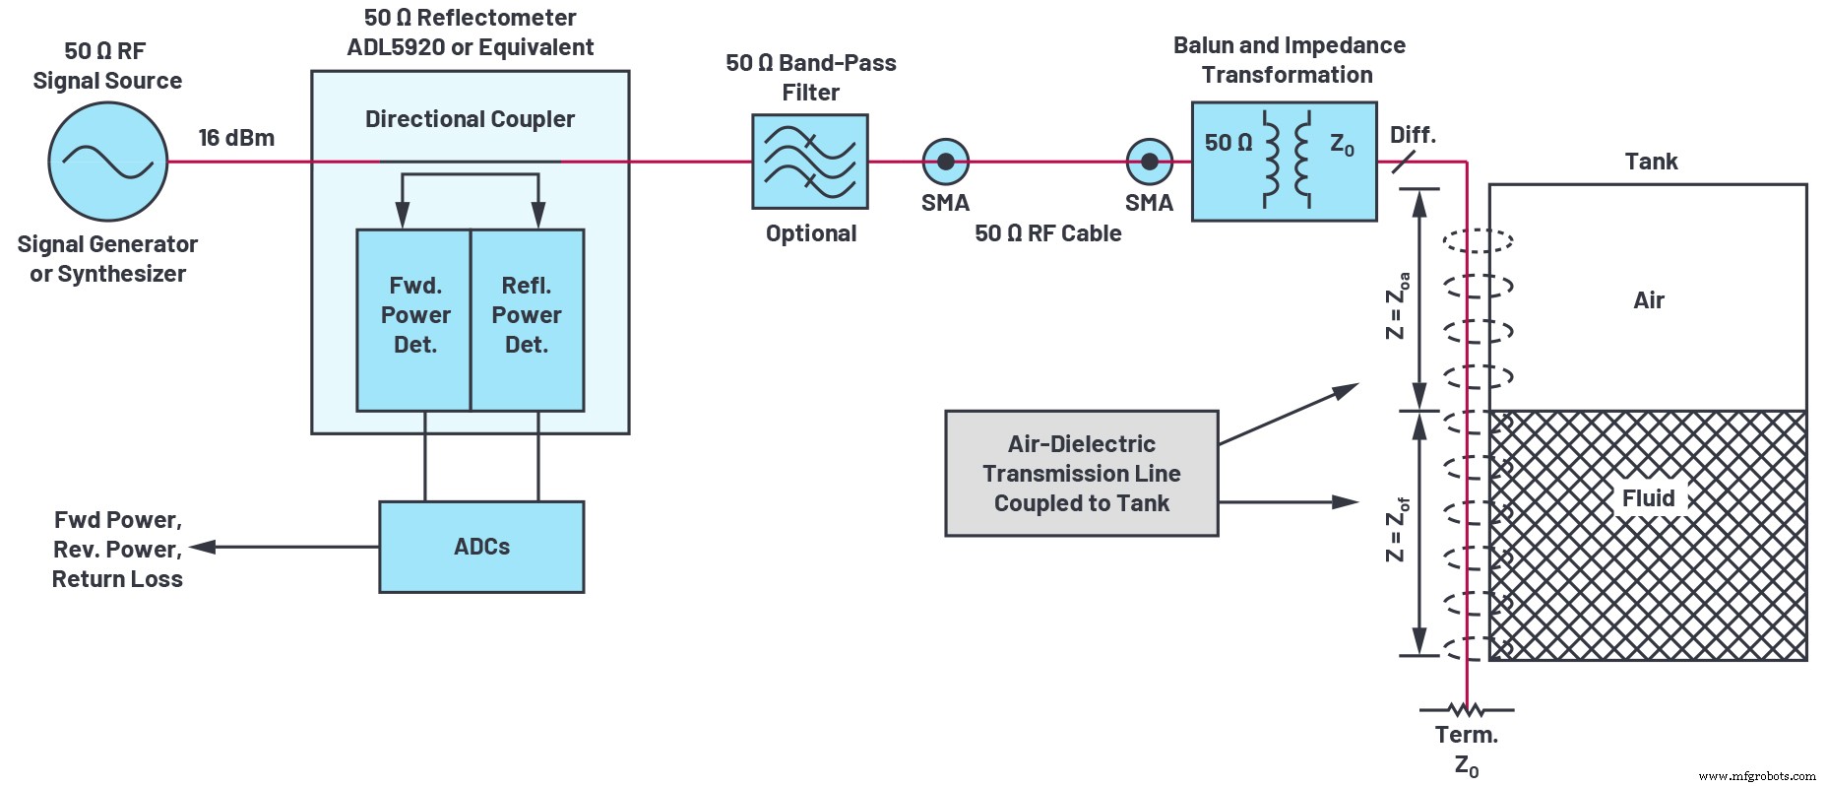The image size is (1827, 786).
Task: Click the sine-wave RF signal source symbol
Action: [107, 163]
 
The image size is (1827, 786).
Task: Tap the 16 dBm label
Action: [236, 138]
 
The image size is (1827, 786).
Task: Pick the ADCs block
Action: [481, 547]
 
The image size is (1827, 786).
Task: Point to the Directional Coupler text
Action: [470, 119]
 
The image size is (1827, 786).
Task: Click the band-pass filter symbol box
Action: [809, 162]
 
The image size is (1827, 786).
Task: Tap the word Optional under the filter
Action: [811, 233]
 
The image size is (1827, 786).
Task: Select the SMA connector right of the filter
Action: [945, 162]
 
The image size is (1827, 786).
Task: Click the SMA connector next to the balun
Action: [1149, 162]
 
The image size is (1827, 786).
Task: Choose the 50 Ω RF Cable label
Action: [1047, 233]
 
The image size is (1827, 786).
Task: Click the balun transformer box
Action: [1284, 162]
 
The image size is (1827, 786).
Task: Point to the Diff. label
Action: [1413, 135]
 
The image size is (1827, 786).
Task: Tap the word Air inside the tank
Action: [1649, 300]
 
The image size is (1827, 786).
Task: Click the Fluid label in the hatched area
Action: [1648, 498]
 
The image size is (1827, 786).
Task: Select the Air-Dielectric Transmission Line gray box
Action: [1081, 474]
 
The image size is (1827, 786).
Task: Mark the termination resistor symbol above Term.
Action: [1466, 708]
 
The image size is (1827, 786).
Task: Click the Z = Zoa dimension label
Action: [1397, 305]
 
